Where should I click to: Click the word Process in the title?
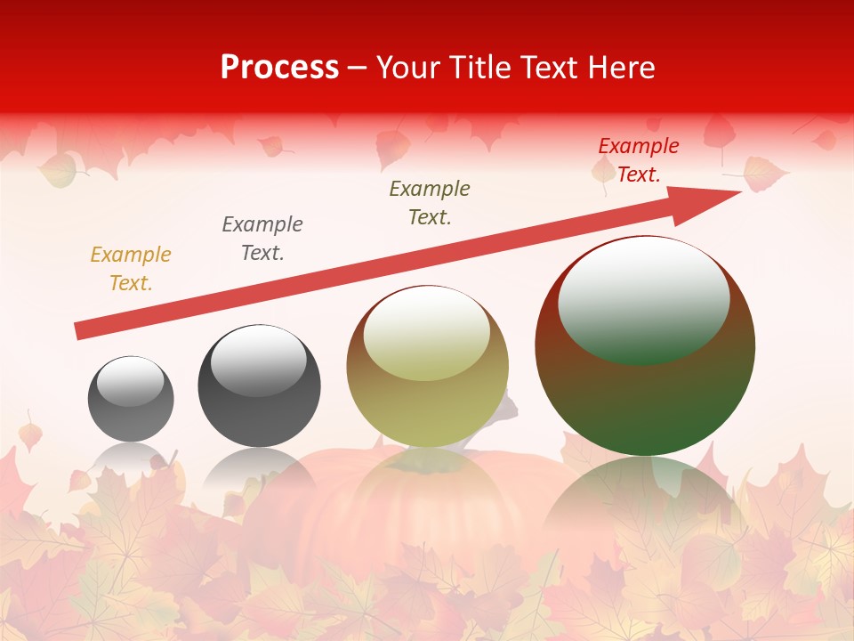tap(279, 67)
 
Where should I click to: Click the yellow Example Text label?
tap(131, 269)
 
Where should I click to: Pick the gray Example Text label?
tap(262, 239)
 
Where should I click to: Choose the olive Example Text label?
tap(430, 202)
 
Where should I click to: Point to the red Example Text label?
tap(638, 160)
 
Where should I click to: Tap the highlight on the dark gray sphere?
tap(258, 361)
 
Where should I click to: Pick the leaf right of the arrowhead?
tap(763, 173)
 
